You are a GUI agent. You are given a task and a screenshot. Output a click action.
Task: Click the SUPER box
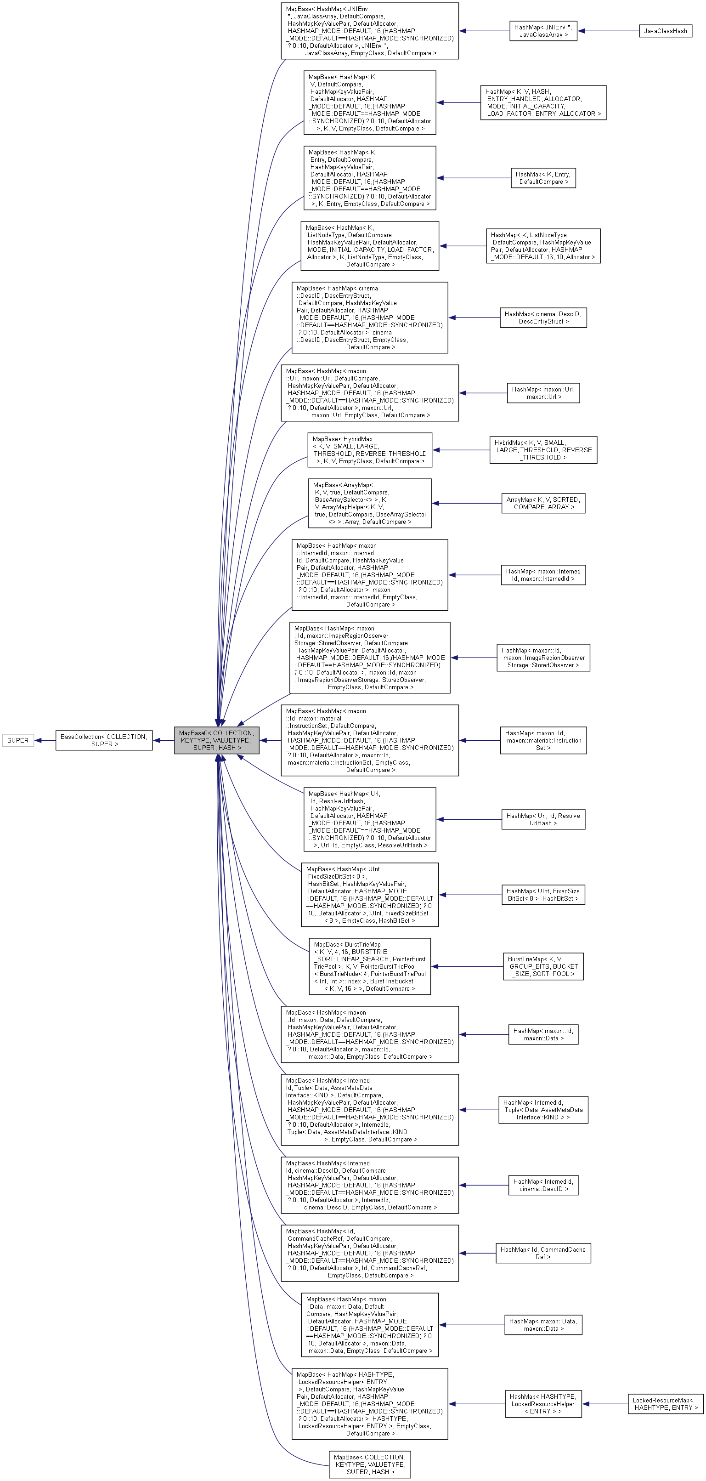pos(18,741)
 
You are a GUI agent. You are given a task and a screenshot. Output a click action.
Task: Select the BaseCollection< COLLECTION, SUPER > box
pos(104,741)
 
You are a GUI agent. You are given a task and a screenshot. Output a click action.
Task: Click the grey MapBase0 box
pos(217,741)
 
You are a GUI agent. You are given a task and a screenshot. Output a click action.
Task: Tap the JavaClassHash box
pos(665,31)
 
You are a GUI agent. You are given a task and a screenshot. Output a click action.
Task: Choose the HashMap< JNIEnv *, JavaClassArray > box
pos(543,31)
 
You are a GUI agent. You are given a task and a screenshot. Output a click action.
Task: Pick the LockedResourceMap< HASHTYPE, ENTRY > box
pos(665,1403)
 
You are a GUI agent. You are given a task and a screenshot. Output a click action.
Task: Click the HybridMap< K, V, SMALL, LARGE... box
pos(543,450)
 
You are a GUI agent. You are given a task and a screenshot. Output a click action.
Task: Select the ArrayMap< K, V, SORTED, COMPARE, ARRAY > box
pos(543,503)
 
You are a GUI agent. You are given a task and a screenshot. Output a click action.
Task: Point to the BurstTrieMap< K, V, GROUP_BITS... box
pos(543,966)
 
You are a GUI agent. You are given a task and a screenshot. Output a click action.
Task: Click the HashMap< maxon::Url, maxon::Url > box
pos(543,393)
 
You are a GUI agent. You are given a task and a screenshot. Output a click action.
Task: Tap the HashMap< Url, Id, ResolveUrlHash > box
pos(543,819)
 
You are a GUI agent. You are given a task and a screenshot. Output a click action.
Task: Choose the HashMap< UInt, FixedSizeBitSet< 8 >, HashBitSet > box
pos(543,895)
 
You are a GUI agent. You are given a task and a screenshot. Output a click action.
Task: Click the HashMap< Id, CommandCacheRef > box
pos(543,1254)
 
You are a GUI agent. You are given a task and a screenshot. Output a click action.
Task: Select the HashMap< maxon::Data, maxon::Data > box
pos(543,1325)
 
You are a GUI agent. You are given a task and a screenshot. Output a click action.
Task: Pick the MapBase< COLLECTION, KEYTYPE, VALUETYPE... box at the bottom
pos(370,1464)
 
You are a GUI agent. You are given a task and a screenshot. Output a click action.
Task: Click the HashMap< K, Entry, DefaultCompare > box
pos(543,178)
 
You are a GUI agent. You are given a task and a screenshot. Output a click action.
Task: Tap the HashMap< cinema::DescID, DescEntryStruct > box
pos(543,318)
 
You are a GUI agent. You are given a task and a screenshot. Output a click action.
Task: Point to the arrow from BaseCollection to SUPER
pos(45,741)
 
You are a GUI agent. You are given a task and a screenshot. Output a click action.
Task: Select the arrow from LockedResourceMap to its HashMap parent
pos(605,1403)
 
